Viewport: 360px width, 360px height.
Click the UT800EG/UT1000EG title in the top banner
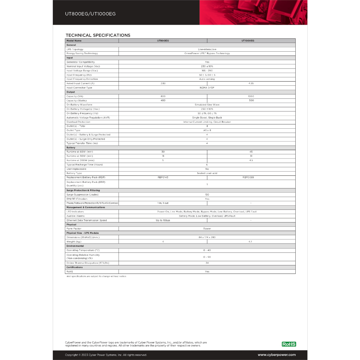(x=90, y=14)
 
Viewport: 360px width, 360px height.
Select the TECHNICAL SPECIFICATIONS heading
(x=98, y=35)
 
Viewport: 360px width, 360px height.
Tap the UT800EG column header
(x=163, y=41)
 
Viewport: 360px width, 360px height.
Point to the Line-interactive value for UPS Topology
(x=207, y=49)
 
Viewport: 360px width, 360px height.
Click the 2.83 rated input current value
(x=163, y=83)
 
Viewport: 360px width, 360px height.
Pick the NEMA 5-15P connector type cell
(x=207, y=88)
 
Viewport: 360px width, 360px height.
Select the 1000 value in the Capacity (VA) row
(x=251, y=96)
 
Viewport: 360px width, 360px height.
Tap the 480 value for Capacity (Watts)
(x=163, y=101)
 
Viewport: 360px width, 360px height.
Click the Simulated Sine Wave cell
(x=207, y=105)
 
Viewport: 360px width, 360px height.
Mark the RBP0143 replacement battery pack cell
(x=163, y=178)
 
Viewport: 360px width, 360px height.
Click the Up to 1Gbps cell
(x=163, y=220)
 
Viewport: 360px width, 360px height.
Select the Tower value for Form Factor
(x=207, y=229)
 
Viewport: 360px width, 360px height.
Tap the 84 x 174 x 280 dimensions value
(x=207, y=237)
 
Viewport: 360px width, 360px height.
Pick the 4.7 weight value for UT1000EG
(x=251, y=242)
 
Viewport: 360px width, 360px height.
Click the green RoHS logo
(x=289, y=344)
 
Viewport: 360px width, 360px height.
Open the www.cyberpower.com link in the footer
(x=277, y=355)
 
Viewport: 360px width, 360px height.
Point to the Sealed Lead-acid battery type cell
(x=207, y=173)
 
